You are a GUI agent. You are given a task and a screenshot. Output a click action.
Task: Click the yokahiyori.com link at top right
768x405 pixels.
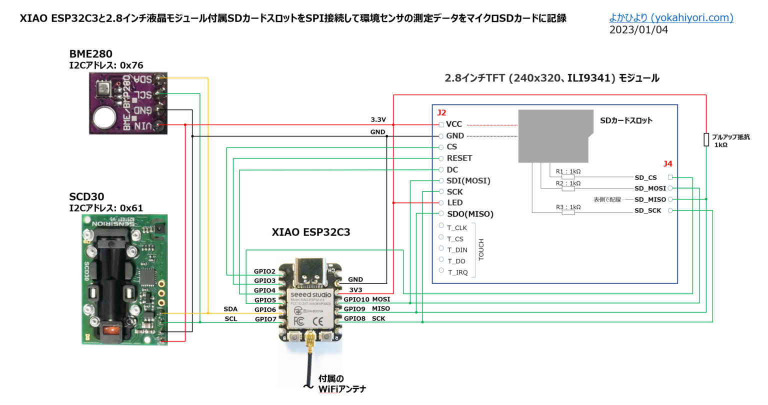point(671,18)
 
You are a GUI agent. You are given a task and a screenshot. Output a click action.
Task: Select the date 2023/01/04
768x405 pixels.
point(638,30)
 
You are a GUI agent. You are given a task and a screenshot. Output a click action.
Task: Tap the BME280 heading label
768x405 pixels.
point(90,54)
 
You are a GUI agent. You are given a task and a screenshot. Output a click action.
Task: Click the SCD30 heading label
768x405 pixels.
point(86,197)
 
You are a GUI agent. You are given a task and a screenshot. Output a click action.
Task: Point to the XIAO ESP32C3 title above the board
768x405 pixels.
point(310,232)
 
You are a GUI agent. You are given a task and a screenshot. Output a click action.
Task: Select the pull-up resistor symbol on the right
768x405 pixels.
point(706,139)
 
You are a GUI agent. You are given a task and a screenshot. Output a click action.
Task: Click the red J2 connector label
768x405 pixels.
point(441,113)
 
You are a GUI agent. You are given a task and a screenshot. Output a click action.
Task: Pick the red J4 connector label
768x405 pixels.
point(667,164)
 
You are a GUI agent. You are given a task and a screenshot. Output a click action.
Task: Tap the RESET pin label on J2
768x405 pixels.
point(459,158)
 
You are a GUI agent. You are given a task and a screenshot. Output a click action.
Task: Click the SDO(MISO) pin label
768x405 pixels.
point(470,214)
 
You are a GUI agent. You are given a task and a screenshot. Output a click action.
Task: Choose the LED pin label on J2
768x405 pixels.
point(454,202)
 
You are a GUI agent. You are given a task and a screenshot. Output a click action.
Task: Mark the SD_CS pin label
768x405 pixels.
point(645,177)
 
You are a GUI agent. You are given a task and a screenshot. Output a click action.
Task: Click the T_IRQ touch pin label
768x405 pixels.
point(457,272)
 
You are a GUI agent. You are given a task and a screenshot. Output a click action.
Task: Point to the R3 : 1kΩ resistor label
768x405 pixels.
point(568,207)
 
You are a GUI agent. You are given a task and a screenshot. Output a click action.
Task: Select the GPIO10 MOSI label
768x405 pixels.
point(366,299)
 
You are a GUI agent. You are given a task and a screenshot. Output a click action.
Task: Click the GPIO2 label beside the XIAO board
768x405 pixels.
point(264,271)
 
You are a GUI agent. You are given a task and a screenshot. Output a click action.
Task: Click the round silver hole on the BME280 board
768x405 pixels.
point(103,118)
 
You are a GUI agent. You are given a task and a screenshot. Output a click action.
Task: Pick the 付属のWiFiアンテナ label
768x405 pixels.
point(342,383)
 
